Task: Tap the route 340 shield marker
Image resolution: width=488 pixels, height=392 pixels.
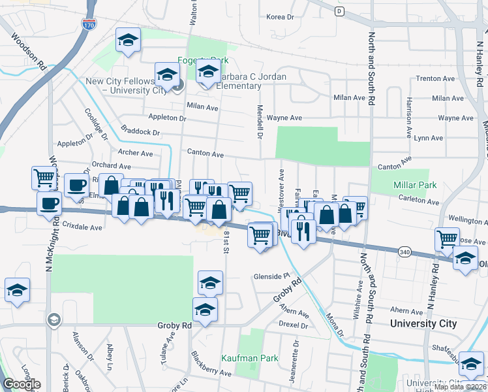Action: [404, 251]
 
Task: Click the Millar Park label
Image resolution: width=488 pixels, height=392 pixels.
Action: [415, 185]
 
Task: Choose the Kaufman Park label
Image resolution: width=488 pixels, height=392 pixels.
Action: [250, 358]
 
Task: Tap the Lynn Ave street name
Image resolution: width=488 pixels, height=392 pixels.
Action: [428, 138]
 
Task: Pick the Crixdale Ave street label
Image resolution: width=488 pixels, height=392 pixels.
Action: [83, 227]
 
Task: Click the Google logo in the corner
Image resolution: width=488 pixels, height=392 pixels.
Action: [22, 384]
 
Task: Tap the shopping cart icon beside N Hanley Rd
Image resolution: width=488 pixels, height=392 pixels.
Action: [447, 238]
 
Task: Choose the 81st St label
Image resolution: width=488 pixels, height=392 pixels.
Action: [226, 241]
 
